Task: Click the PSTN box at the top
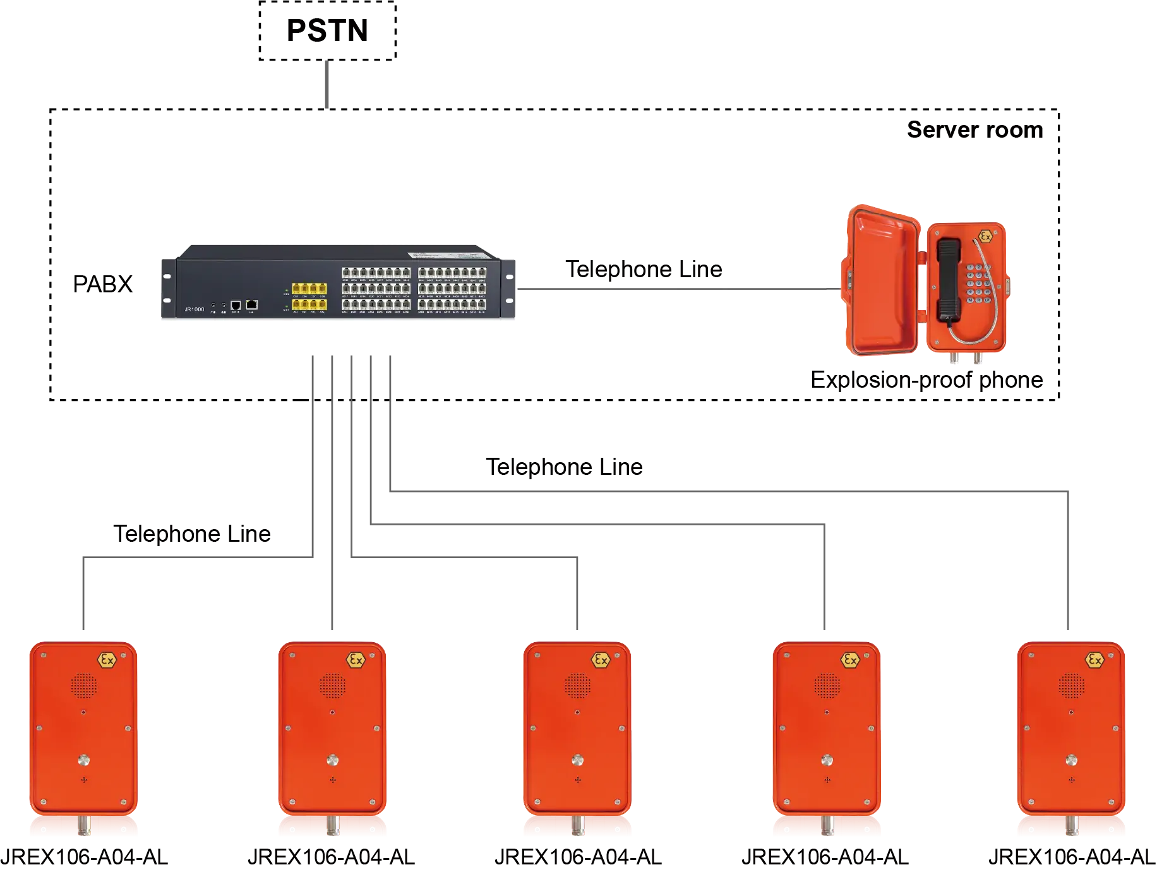click(328, 32)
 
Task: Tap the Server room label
click(974, 130)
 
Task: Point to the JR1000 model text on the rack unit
click(194, 309)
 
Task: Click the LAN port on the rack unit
click(251, 304)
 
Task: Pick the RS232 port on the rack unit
click(236, 305)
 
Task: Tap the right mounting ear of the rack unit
click(508, 289)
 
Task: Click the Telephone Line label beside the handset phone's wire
click(642, 268)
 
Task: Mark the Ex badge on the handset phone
click(985, 237)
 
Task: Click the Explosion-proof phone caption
click(926, 380)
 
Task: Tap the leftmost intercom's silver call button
click(83, 760)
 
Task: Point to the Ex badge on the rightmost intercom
click(1094, 660)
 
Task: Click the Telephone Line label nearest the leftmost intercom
click(192, 534)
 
